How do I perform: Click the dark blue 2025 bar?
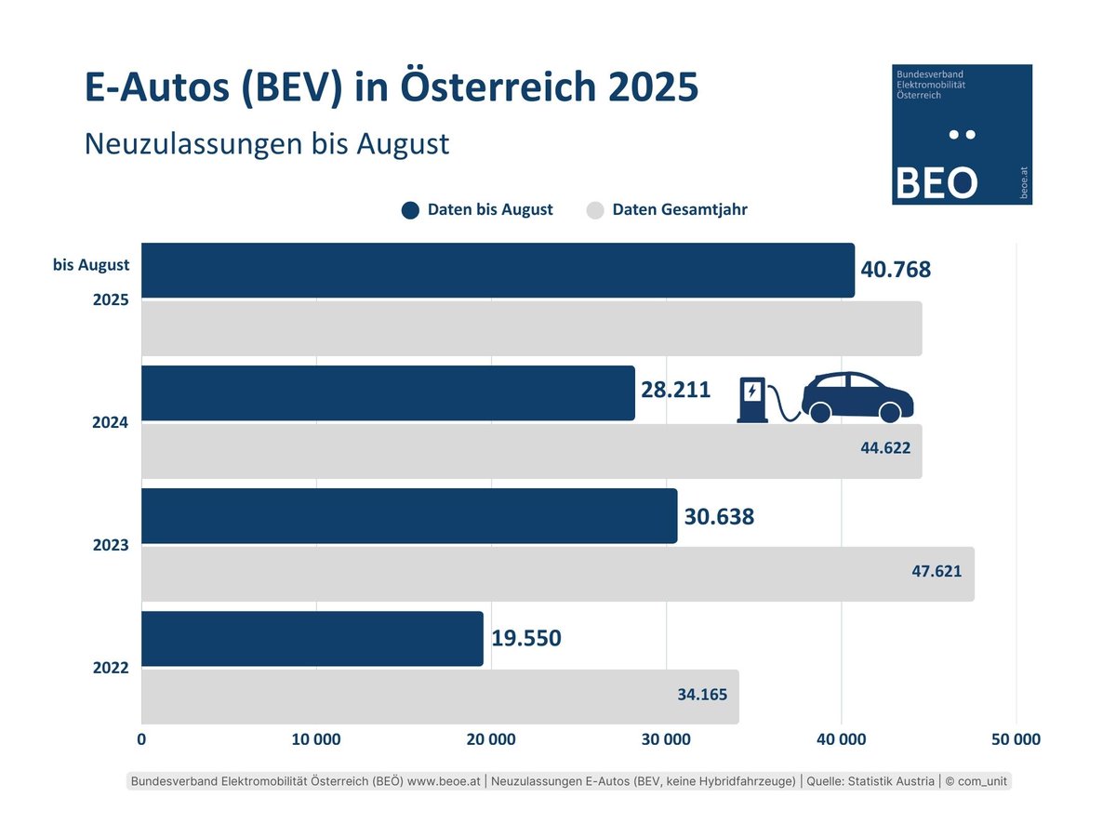point(498,271)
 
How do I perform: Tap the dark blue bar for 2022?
point(312,639)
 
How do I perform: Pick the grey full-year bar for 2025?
point(531,328)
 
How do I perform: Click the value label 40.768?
point(896,271)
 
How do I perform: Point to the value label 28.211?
point(675,390)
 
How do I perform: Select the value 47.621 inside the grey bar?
point(936,571)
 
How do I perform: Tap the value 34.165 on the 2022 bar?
point(702,694)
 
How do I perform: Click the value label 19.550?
point(526,639)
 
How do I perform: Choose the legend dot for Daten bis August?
point(410,210)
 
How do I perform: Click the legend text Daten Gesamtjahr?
point(679,210)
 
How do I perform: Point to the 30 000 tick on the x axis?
point(666,740)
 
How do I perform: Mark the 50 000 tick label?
point(1016,740)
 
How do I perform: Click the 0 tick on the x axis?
point(141,740)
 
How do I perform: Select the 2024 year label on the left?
point(110,422)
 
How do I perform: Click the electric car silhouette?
point(857,398)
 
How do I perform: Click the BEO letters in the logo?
point(935,183)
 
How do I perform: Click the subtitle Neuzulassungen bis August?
point(267,144)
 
